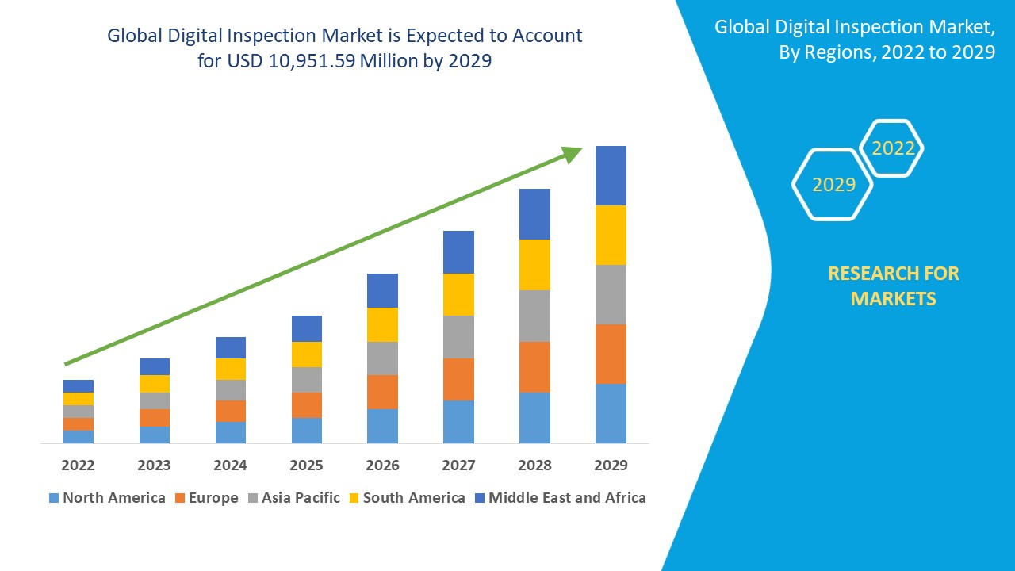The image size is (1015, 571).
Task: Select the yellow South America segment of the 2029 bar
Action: click(611, 235)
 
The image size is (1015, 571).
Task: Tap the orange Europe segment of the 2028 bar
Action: click(534, 366)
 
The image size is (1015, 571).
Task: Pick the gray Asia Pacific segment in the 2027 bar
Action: click(458, 337)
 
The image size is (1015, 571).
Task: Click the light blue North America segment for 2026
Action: click(382, 426)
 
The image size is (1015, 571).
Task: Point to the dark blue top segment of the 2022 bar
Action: click(79, 386)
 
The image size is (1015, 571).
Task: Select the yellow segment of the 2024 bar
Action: click(231, 369)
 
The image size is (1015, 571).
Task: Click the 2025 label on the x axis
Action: click(306, 465)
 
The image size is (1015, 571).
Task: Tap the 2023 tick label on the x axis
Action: click(154, 465)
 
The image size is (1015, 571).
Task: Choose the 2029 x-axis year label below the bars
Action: click(611, 465)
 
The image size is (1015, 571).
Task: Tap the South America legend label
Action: click(413, 498)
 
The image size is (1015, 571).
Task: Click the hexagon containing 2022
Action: click(893, 148)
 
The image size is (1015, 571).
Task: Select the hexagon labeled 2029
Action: click(833, 185)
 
